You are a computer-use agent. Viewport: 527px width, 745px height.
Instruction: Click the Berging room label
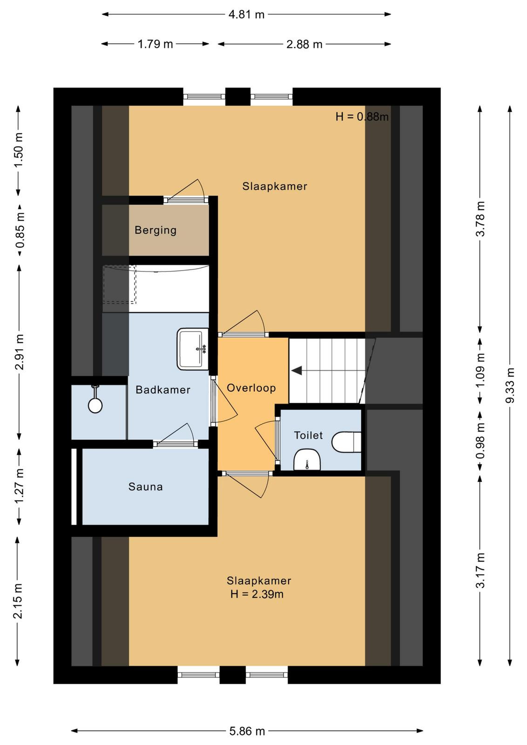155,230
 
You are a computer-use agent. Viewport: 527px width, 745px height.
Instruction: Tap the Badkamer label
163,390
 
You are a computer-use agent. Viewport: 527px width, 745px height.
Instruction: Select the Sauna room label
146,487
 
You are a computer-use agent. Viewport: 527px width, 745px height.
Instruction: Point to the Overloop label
251,388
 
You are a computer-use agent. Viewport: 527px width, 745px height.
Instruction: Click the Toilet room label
308,435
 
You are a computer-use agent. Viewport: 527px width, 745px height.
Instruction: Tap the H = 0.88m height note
362,117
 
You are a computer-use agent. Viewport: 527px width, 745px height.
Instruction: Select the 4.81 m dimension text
246,14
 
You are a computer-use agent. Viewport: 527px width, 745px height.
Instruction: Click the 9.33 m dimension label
510,386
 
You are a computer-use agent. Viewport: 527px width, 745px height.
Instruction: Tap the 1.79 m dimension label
155,44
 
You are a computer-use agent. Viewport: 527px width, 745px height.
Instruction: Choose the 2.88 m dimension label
304,44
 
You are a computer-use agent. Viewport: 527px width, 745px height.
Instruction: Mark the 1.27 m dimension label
19,486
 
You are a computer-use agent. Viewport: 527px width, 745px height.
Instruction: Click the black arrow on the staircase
297,371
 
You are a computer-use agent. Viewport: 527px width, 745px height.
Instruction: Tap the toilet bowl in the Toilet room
346,442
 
